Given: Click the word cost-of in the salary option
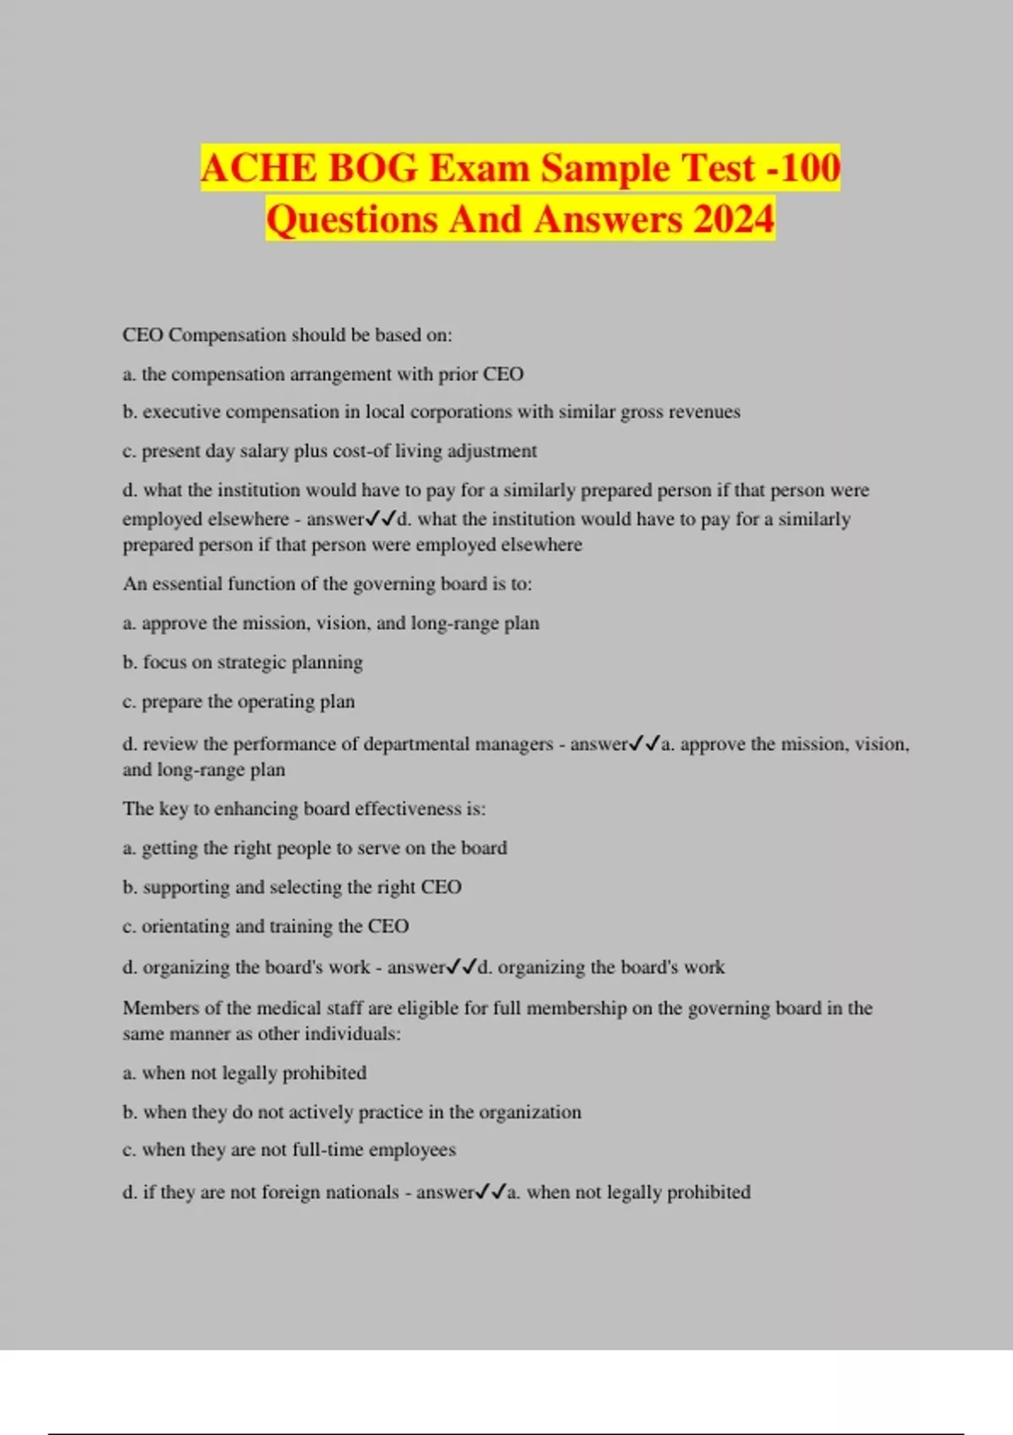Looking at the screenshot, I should [361, 451].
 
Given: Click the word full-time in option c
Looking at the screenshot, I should [328, 1150].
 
